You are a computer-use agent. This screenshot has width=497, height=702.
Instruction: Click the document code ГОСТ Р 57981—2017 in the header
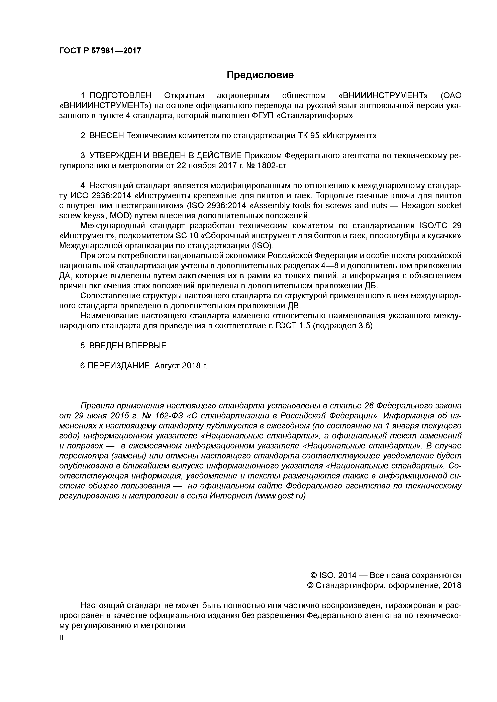click(x=100, y=50)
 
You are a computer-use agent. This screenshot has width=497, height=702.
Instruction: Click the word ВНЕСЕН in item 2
click(x=106, y=135)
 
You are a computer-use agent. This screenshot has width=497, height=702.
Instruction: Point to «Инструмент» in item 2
click(x=349, y=135)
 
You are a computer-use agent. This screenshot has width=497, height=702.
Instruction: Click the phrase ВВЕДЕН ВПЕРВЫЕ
click(x=128, y=345)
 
